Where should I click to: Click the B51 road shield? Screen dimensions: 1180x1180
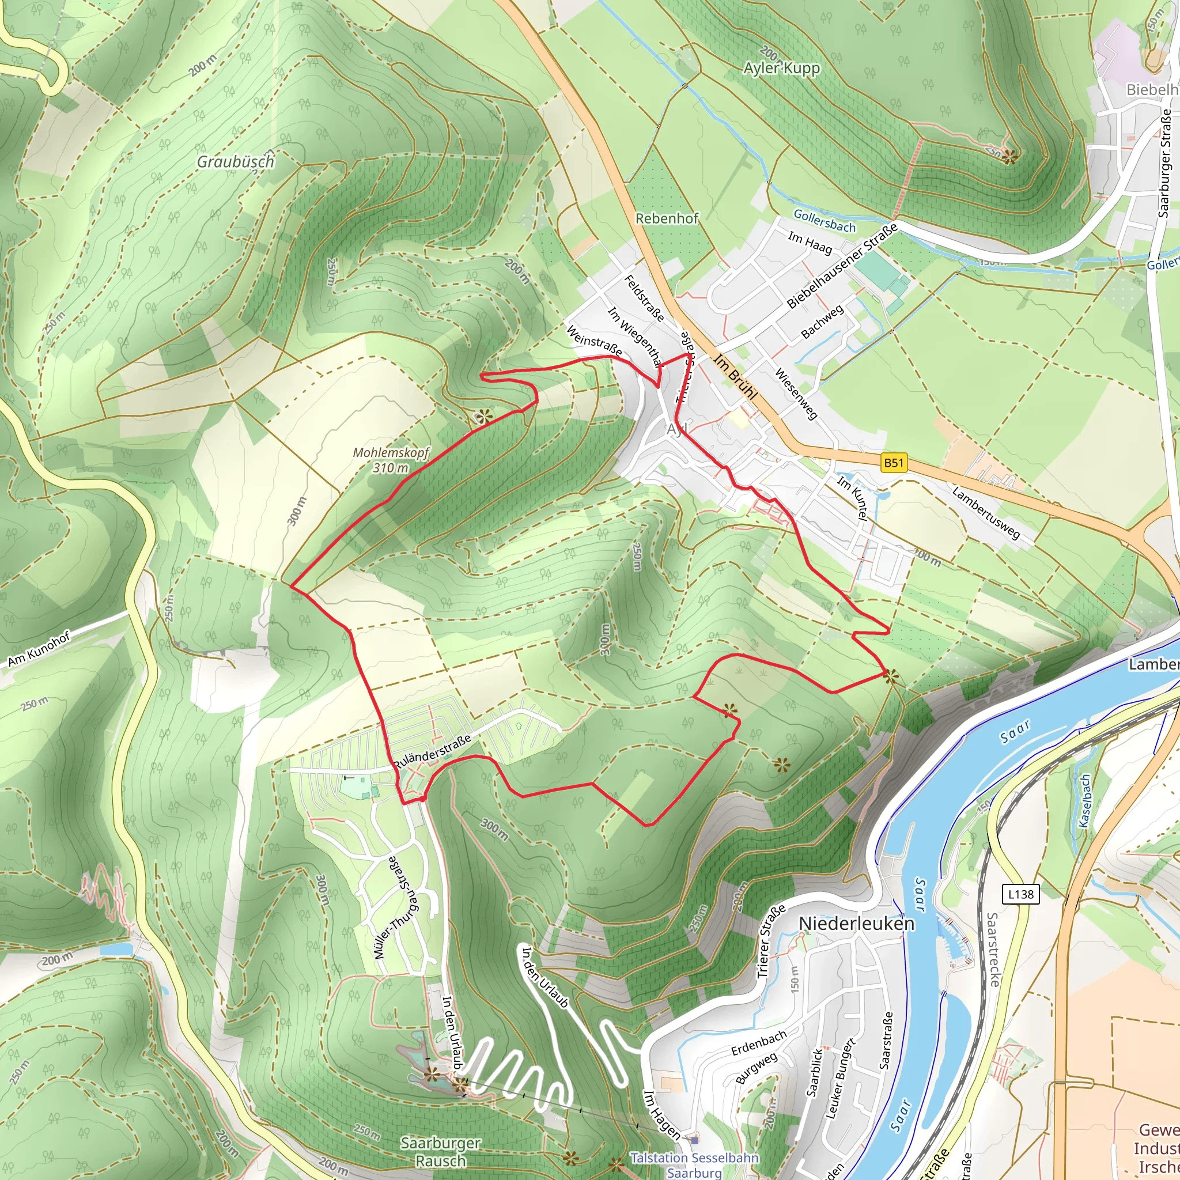point(893,463)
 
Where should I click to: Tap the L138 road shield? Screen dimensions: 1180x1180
point(1020,894)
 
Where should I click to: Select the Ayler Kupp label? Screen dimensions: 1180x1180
point(781,68)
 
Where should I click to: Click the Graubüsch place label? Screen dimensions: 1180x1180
point(235,161)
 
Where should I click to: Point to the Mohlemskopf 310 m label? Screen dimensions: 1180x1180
point(391,460)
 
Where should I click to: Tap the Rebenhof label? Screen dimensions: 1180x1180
point(667,218)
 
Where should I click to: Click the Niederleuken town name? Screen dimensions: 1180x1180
point(856,924)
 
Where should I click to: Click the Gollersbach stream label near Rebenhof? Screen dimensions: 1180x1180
point(825,220)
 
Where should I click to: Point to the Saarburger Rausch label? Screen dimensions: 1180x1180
point(441,1151)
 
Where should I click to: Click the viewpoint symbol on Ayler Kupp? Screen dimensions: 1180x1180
point(1009,157)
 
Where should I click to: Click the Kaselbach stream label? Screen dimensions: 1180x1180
point(1084,801)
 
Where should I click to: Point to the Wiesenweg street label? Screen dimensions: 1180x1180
point(796,394)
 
